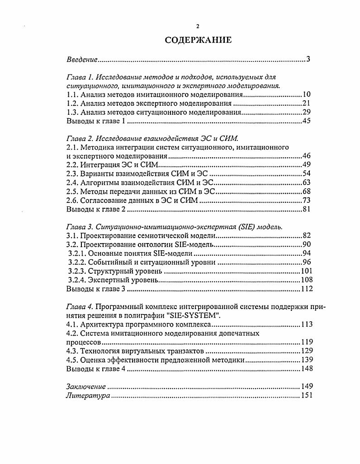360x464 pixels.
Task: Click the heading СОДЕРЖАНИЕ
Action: tap(198, 40)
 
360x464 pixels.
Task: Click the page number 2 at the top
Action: tap(198, 26)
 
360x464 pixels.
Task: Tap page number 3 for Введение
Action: tap(308, 59)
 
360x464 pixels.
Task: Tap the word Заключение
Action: tap(86, 386)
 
